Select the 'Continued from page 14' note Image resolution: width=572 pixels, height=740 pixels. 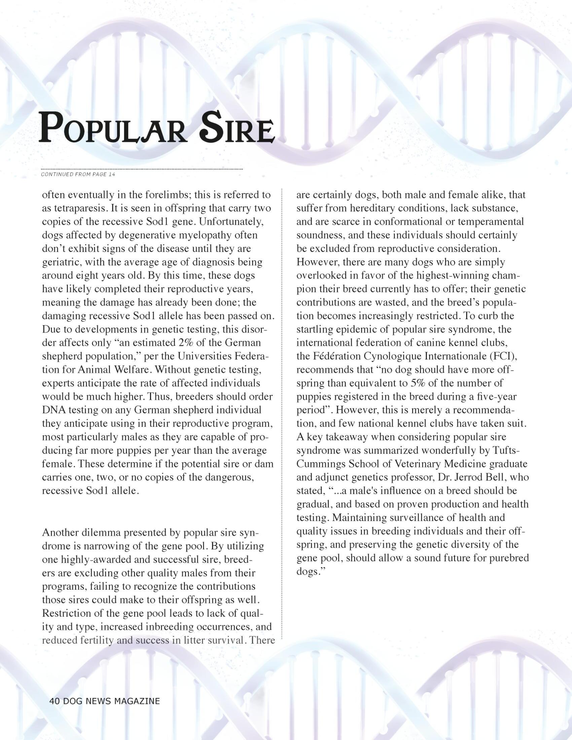[78, 174]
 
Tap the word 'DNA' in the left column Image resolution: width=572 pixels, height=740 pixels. [54, 410]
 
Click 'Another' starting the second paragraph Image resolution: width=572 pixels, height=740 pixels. [60, 533]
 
